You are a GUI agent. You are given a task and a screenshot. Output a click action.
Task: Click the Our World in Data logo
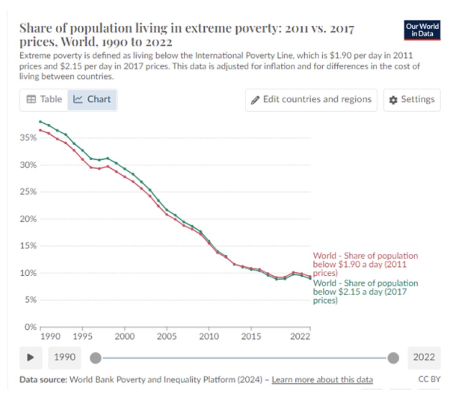click(422, 30)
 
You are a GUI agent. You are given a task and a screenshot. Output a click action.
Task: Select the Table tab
click(44, 99)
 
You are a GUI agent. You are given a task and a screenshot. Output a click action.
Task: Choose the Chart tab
click(92, 99)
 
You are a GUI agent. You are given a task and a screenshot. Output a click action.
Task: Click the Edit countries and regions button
click(311, 100)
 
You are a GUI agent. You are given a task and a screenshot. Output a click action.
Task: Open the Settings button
click(412, 100)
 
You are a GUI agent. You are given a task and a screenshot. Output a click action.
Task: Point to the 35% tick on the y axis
click(28, 138)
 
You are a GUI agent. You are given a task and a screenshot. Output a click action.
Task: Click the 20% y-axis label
click(28, 219)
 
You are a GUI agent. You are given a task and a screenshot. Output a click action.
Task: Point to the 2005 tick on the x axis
click(167, 336)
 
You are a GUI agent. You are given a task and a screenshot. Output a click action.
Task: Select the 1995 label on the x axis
click(83, 336)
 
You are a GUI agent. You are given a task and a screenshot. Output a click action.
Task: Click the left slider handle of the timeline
click(96, 357)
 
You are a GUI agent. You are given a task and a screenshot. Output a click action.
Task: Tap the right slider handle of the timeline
click(393, 357)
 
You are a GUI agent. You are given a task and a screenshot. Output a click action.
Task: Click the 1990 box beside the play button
click(64, 357)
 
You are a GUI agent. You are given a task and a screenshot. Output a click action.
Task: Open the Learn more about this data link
click(322, 380)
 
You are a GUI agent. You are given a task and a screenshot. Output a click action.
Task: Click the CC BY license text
click(429, 379)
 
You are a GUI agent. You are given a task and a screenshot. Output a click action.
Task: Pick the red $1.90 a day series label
click(365, 264)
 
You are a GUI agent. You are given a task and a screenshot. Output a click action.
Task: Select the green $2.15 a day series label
click(365, 292)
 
